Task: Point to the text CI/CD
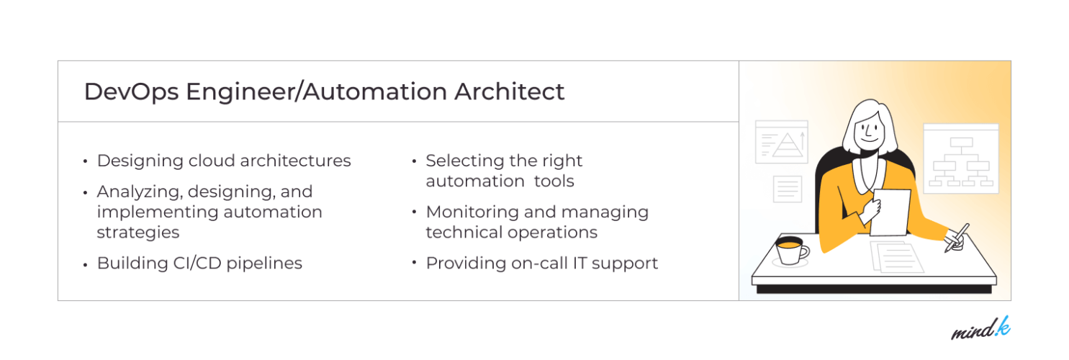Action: pyautogui.click(x=194, y=264)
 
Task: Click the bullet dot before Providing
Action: pyautogui.click(x=415, y=262)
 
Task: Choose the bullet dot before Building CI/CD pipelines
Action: pyautogui.click(x=86, y=264)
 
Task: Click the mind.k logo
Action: pyautogui.click(x=980, y=330)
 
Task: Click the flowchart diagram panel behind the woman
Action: pyautogui.click(x=960, y=159)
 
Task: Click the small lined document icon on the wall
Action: pyautogui.click(x=787, y=189)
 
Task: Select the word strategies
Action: pyautogui.click(x=138, y=233)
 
